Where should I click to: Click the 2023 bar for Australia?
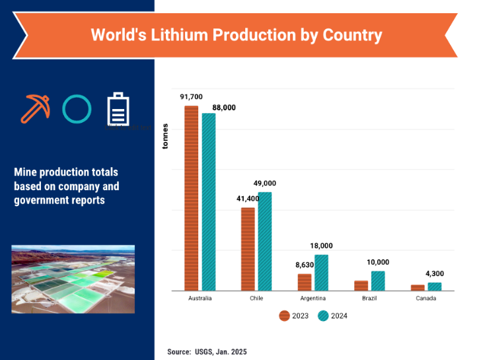(x=191, y=198)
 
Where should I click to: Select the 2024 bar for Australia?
(x=208, y=202)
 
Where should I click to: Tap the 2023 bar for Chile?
(x=248, y=249)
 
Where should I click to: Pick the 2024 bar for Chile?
(x=264, y=241)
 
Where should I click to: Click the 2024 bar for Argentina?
(x=321, y=273)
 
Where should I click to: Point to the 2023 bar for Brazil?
(x=361, y=285)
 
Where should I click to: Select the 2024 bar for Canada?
(x=434, y=287)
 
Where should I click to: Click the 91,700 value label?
(x=191, y=96)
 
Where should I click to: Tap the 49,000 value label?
(x=265, y=183)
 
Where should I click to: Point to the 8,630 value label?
(x=305, y=265)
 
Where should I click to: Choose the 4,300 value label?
(x=435, y=273)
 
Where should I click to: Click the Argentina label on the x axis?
(x=313, y=299)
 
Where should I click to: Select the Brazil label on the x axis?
(x=369, y=299)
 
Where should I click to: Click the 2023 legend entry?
(x=294, y=316)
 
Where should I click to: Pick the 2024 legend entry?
(x=332, y=316)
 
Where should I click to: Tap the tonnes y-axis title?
(x=165, y=137)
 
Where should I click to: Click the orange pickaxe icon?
(x=34, y=108)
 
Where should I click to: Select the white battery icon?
(x=118, y=108)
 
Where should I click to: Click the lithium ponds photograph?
(x=73, y=279)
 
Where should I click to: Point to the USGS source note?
(x=207, y=352)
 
